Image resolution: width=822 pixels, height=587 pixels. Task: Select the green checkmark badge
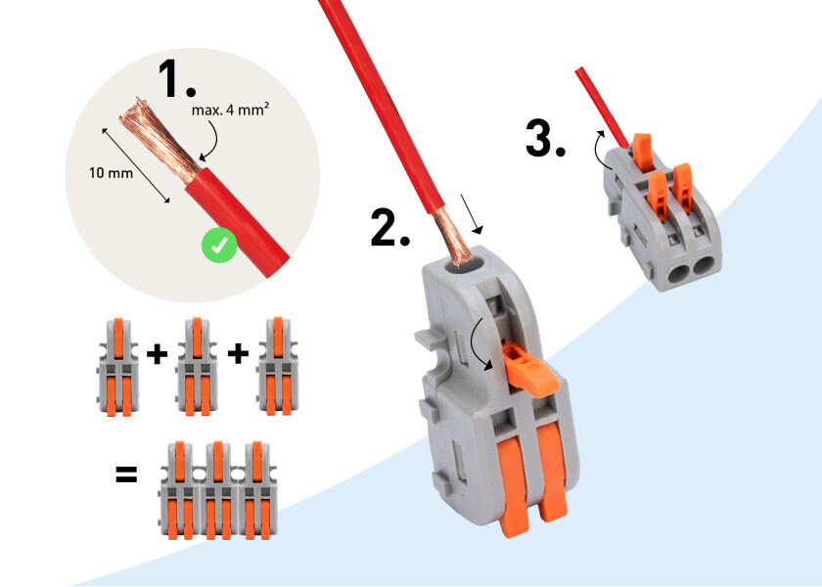tap(219, 247)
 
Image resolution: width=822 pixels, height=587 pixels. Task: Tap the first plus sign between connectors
tap(156, 353)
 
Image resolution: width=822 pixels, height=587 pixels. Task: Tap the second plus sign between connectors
tap(237, 353)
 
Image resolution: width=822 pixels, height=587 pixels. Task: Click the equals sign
tap(126, 475)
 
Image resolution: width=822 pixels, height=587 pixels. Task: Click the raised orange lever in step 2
tap(527, 370)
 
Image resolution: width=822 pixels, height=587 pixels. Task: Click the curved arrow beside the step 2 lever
tap(479, 343)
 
